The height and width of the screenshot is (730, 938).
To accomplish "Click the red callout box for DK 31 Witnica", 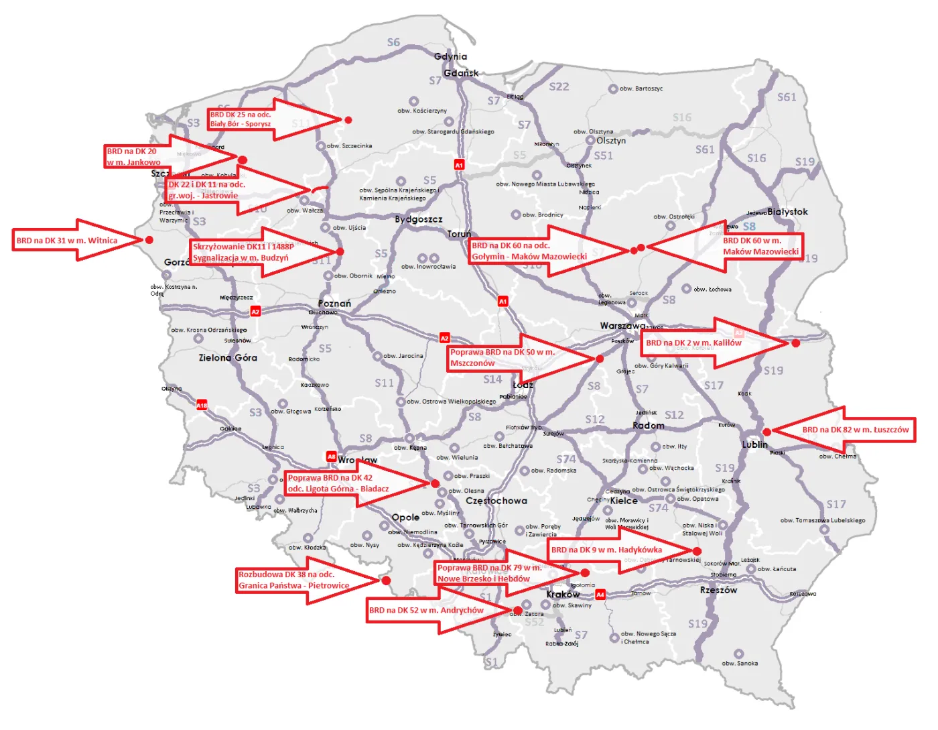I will click(67, 241).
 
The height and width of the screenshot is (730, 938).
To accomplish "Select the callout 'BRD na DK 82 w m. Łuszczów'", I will click(856, 430).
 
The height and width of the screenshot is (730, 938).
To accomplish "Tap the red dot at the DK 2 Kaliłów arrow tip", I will click(795, 343).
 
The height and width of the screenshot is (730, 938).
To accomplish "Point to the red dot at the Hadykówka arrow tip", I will click(697, 551).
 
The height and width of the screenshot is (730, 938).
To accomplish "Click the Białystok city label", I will click(788, 212).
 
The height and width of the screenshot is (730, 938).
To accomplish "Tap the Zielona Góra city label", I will click(228, 358).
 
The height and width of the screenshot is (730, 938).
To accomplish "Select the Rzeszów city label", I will click(718, 591).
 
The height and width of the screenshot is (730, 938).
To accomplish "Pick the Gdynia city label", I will click(450, 56).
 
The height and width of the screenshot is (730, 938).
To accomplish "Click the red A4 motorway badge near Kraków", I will click(600, 595).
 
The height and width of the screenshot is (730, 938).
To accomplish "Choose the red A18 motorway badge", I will click(202, 405).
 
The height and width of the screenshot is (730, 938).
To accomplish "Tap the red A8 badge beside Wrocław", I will click(331, 457).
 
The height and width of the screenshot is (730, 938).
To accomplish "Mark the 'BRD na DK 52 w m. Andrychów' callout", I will click(426, 610).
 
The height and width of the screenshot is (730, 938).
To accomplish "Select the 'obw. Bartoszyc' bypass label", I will click(641, 88).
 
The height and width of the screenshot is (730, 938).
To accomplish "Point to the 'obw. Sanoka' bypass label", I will click(740, 663).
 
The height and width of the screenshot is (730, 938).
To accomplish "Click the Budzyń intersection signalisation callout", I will click(241, 252).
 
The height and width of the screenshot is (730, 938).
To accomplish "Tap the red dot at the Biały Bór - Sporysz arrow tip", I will click(348, 120).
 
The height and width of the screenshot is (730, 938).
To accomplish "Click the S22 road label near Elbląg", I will click(559, 86).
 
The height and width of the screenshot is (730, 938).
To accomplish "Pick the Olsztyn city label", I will click(611, 141).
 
